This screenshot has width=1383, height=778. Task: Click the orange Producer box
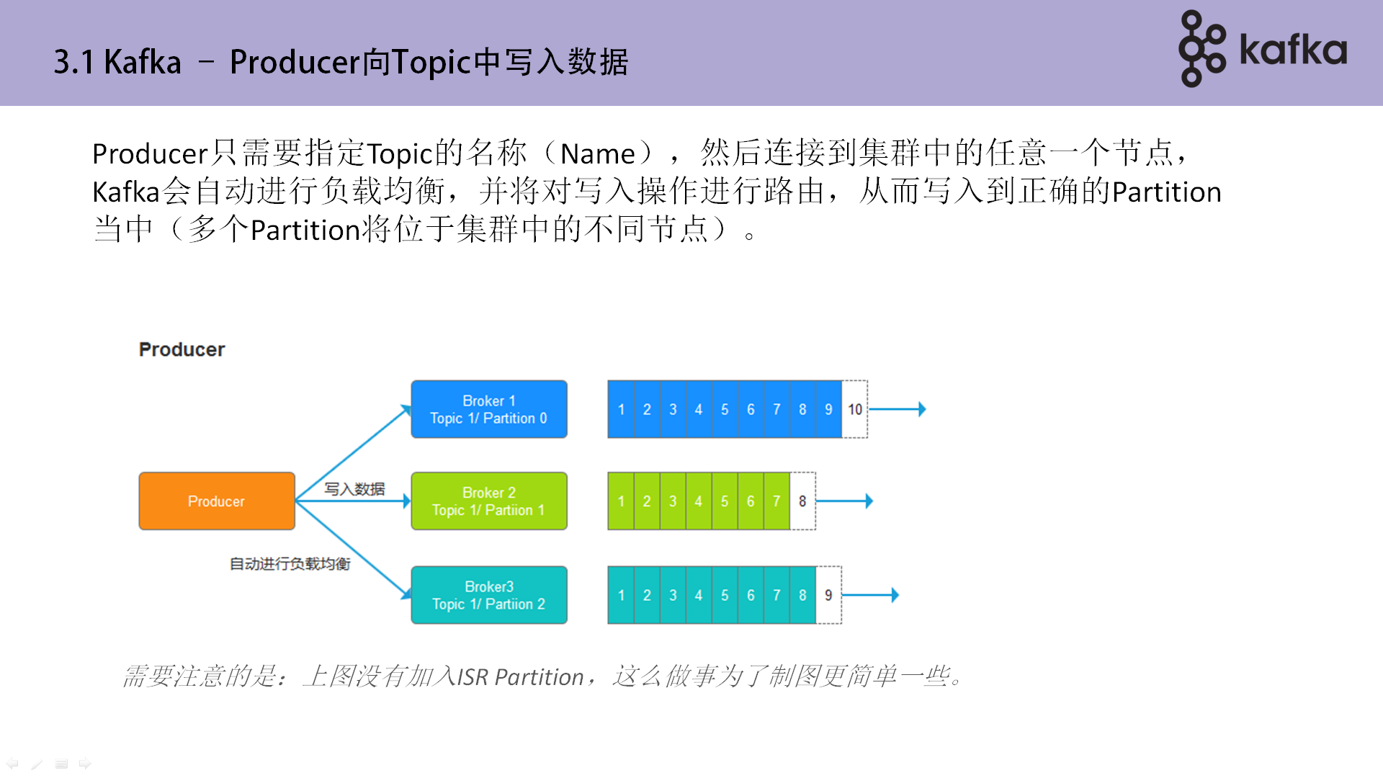click(216, 501)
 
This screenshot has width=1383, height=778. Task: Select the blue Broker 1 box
click(488, 409)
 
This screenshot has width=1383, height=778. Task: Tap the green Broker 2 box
click(488, 501)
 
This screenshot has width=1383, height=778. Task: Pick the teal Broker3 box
click(488, 595)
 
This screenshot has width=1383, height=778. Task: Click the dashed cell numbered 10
click(855, 409)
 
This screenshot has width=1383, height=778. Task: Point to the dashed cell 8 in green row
click(802, 501)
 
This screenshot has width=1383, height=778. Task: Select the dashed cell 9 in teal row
click(828, 595)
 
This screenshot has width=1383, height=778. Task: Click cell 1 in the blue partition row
click(621, 409)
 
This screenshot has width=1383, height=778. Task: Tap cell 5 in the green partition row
click(725, 501)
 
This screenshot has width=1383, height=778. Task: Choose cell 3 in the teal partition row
click(673, 595)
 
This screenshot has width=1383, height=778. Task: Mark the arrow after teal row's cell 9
click(871, 595)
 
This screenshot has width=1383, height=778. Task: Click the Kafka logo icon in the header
click(1201, 49)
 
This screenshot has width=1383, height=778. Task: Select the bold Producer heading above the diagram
click(182, 349)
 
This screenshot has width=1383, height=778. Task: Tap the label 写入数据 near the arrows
click(354, 489)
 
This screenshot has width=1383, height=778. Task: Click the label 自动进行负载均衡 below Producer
click(290, 563)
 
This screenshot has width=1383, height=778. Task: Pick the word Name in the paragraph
click(597, 154)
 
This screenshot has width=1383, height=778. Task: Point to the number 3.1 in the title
click(73, 63)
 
